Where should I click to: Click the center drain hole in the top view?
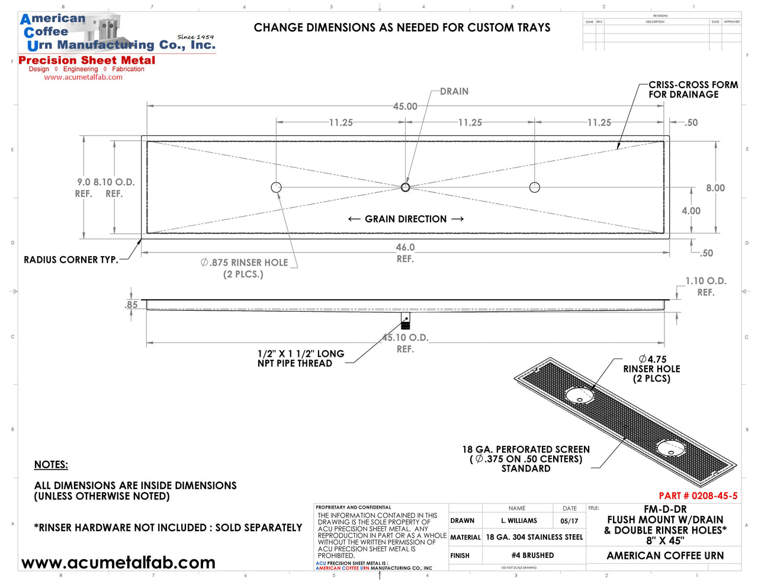pyautogui.click(x=405, y=188)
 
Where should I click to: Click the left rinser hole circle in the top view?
pyautogui.click(x=276, y=188)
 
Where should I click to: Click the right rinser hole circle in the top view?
pyautogui.click(x=535, y=188)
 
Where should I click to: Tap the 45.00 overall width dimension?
pyautogui.click(x=405, y=106)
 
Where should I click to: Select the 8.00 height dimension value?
pyautogui.click(x=715, y=188)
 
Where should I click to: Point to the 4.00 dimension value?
pyautogui.click(x=691, y=211)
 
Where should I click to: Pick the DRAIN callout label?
pyautogui.click(x=454, y=92)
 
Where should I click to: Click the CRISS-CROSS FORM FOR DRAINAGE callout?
pyautogui.click(x=693, y=90)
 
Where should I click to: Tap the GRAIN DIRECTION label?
pyautogui.click(x=406, y=219)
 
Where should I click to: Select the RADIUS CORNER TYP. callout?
pyautogui.click(x=70, y=260)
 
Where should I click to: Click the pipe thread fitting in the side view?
pyautogui.click(x=405, y=321)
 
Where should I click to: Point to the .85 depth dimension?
pyautogui.click(x=131, y=305)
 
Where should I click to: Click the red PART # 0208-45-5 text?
pyautogui.click(x=698, y=496)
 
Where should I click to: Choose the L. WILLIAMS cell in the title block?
pyautogui.click(x=519, y=521)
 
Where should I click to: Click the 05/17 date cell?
pyautogui.click(x=569, y=521)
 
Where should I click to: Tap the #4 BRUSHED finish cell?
pyautogui.click(x=533, y=556)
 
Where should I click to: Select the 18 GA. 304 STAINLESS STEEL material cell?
pyautogui.click(x=534, y=538)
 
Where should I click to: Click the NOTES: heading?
pyautogui.click(x=51, y=465)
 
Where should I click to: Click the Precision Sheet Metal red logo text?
pyautogui.click(x=87, y=60)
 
